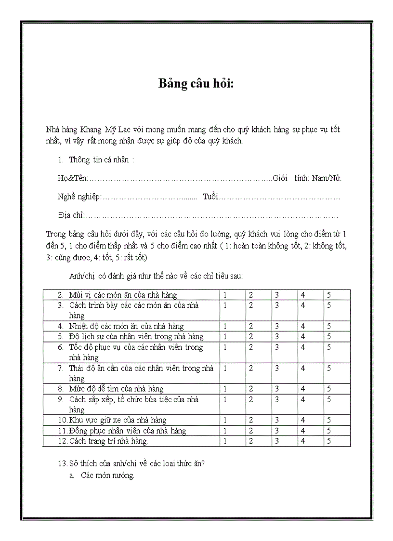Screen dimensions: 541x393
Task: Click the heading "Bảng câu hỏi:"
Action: click(x=196, y=83)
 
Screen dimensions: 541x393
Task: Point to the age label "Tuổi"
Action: click(x=210, y=197)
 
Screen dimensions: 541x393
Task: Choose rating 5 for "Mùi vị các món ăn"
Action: click(x=329, y=295)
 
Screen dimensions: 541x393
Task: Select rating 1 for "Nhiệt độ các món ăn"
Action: click(x=225, y=326)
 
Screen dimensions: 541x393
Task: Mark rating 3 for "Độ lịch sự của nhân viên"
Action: click(x=277, y=337)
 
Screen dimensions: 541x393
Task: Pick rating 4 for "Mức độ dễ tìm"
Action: click(x=303, y=389)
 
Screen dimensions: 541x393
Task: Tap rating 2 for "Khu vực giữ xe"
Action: click(x=251, y=420)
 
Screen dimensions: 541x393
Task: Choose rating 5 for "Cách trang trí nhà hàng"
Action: click(x=329, y=441)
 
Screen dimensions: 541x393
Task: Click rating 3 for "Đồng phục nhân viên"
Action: click(x=277, y=431)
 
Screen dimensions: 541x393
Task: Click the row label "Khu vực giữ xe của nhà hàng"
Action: click(x=118, y=420)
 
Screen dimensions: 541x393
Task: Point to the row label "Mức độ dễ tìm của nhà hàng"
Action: click(x=116, y=389)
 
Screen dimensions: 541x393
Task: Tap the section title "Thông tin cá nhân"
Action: click(x=99, y=160)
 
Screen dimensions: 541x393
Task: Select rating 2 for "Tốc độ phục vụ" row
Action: click(x=251, y=347)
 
